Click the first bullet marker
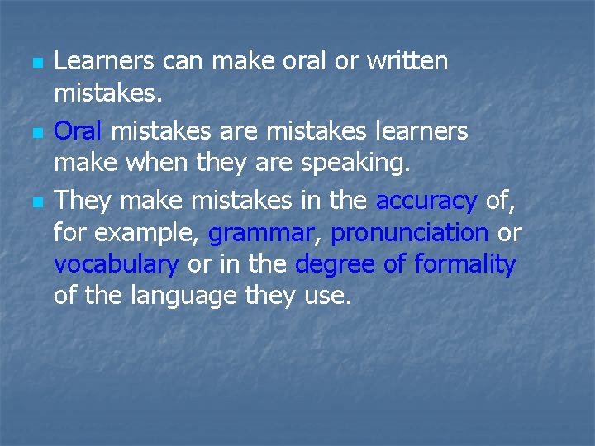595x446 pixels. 36,63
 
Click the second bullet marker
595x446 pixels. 36,132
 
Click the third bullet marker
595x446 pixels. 36,202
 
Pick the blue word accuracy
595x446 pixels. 426,200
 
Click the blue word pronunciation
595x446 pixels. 409,233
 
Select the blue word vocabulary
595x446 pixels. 117,265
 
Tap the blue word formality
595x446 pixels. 465,264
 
